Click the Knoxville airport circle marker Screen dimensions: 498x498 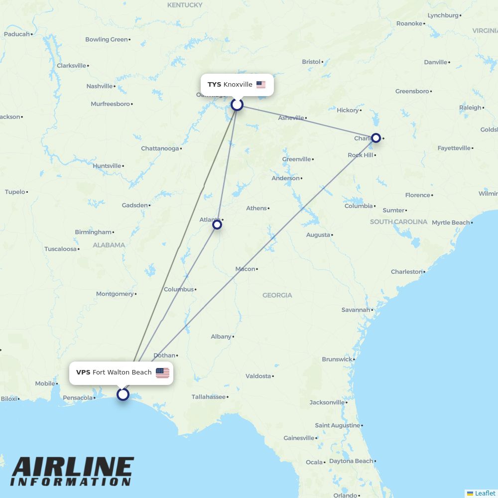coord(237,105)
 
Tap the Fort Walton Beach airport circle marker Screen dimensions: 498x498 coord(123,394)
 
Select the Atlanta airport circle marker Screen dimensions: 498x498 coord(217,225)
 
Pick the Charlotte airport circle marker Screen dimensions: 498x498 coord(376,138)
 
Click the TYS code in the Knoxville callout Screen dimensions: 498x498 coord(214,85)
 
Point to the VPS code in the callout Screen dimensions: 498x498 coord(83,373)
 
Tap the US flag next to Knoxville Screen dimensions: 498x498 coord(261,85)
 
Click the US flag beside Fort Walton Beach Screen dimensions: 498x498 coord(162,373)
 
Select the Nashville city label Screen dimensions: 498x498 coord(100,86)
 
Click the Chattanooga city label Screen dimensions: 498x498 coord(159,148)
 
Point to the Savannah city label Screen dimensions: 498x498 coord(356,310)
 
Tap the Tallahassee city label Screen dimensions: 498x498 coord(209,397)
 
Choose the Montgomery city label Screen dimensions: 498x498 coord(115,294)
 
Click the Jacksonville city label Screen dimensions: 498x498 coord(327,402)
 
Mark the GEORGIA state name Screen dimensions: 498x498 coord(277,295)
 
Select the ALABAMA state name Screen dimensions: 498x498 coord(109,245)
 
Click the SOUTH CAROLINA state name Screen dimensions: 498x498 coord(398,222)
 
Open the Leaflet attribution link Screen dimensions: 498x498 coord(485,493)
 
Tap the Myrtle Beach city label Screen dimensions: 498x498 coord(450,223)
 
